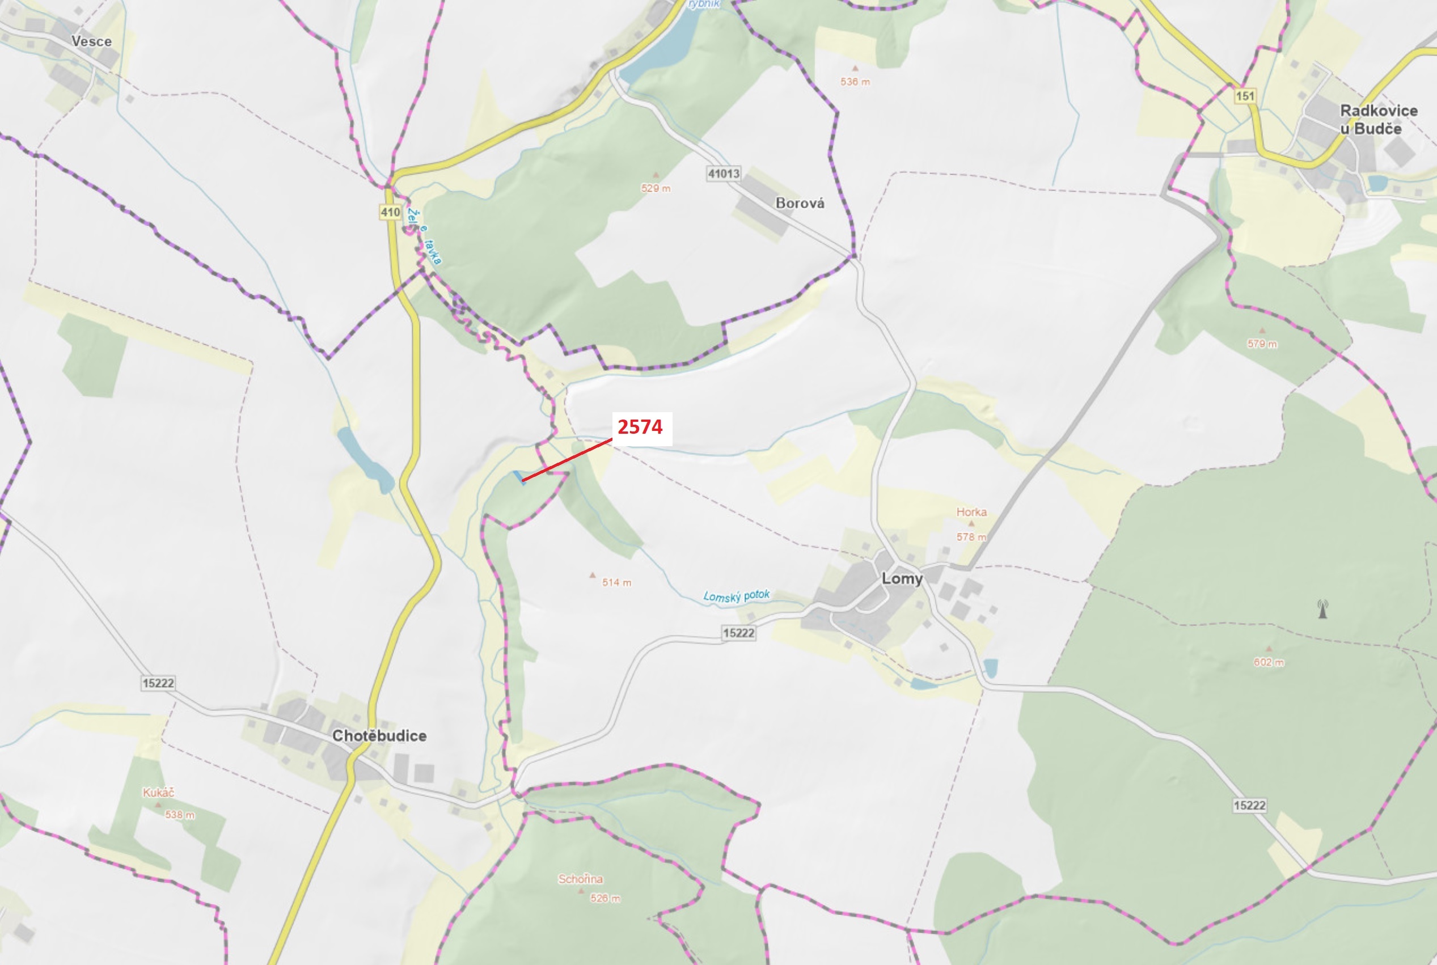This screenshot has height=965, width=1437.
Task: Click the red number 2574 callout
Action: coord(640,427)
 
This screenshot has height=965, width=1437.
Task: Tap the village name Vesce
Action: coord(92,41)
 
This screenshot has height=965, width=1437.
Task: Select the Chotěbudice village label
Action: coord(379,735)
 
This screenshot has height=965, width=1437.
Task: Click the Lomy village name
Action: coord(902,578)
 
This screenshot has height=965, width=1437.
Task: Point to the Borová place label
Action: coord(800,203)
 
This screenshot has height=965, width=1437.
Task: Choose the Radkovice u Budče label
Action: coord(1379,120)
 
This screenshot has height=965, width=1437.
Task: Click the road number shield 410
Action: coord(390,212)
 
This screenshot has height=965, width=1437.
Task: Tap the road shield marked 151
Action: coord(1244,96)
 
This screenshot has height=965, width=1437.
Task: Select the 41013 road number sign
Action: coord(724,173)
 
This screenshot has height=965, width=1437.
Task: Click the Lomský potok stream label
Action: coord(737,596)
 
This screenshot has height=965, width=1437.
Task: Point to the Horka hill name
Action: coord(971,512)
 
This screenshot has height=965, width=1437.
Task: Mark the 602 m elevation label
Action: coord(1269,663)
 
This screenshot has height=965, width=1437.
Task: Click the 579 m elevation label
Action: coord(1262,344)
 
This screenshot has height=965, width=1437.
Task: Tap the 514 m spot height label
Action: coord(616,582)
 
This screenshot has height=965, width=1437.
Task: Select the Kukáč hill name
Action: coord(158,793)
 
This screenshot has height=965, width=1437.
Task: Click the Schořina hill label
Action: coord(580,879)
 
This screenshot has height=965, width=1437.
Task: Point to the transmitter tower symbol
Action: coord(1322,610)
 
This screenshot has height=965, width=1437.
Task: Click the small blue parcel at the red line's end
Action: coord(518,477)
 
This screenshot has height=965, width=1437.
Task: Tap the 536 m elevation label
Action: coord(855,82)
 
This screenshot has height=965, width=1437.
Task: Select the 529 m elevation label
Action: coord(656,188)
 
